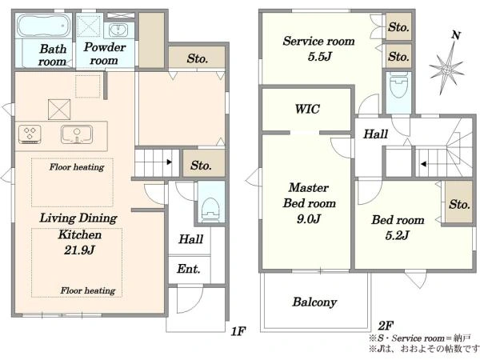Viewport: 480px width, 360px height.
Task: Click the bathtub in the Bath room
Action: point(43,26)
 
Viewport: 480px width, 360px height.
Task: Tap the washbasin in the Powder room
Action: point(117,30)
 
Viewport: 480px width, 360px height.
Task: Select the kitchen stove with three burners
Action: point(30,134)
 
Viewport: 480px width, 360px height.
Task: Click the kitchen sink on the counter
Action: point(77,134)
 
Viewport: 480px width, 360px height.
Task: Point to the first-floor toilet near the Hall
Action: point(210,210)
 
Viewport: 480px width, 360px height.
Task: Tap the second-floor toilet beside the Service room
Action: point(398,85)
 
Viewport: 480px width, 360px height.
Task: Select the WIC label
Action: point(307,109)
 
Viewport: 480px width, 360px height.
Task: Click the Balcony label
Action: point(314,302)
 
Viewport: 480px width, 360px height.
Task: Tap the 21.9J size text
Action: point(79,250)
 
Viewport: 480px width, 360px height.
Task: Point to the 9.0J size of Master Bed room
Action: point(309,219)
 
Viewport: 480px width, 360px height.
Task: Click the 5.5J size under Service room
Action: point(320,56)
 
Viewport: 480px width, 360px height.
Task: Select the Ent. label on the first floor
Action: point(189,269)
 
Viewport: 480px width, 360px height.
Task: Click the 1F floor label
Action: point(238,331)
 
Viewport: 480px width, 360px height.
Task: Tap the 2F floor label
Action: point(386,326)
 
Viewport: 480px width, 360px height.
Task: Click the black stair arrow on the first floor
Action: point(170,162)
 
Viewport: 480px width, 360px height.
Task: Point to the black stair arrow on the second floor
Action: point(423,164)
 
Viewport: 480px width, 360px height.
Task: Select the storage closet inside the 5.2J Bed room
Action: point(458,202)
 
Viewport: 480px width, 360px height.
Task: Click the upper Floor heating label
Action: point(77,167)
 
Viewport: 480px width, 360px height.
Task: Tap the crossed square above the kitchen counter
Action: point(59,110)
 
